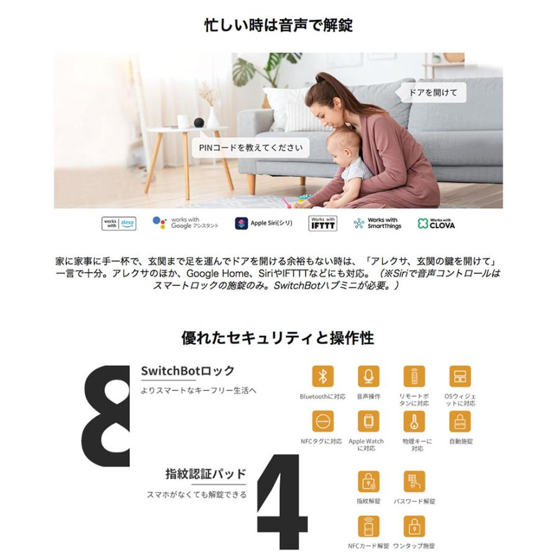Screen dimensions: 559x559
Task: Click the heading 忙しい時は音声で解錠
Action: (279, 25)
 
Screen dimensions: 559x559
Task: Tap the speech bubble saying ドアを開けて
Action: (433, 93)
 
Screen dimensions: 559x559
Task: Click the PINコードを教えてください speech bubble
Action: (250, 148)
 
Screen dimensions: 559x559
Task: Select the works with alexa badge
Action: (119, 224)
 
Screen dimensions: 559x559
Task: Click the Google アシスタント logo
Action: (186, 224)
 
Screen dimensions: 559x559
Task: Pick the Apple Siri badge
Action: (264, 224)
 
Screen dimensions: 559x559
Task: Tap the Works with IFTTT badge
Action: (323, 224)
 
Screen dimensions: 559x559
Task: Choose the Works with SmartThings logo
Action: (377, 224)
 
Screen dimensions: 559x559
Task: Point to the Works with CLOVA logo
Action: (436, 224)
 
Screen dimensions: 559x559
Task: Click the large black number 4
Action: (282, 503)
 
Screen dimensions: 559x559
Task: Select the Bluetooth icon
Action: (322, 376)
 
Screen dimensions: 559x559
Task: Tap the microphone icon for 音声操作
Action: (368, 376)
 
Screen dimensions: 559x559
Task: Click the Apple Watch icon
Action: (368, 421)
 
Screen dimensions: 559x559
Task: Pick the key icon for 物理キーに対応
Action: (414, 421)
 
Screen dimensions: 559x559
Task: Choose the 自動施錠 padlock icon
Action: (460, 421)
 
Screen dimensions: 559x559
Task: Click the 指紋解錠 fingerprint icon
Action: (368, 481)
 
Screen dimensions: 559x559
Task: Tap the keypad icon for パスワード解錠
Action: (414, 481)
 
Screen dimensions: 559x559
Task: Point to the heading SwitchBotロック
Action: (188, 371)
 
